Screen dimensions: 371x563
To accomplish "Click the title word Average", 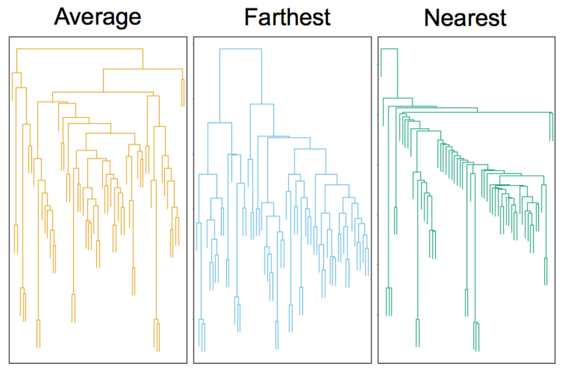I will pos(97,17).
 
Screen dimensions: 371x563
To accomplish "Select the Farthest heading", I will pos(287,17).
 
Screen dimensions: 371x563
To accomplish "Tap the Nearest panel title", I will pos(465,18).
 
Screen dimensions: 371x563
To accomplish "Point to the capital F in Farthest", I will pos(250,17).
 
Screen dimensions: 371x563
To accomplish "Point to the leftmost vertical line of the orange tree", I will pos(12,85).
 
